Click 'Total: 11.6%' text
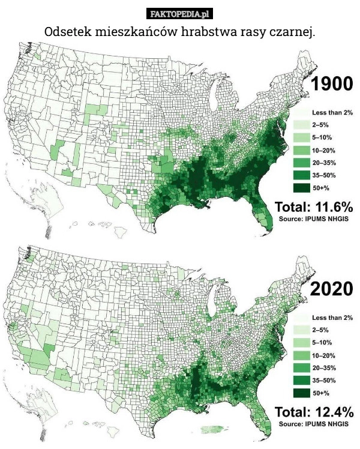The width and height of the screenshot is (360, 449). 314,207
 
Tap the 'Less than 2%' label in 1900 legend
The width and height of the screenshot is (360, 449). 332,113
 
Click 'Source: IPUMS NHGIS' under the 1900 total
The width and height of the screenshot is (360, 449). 314,219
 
